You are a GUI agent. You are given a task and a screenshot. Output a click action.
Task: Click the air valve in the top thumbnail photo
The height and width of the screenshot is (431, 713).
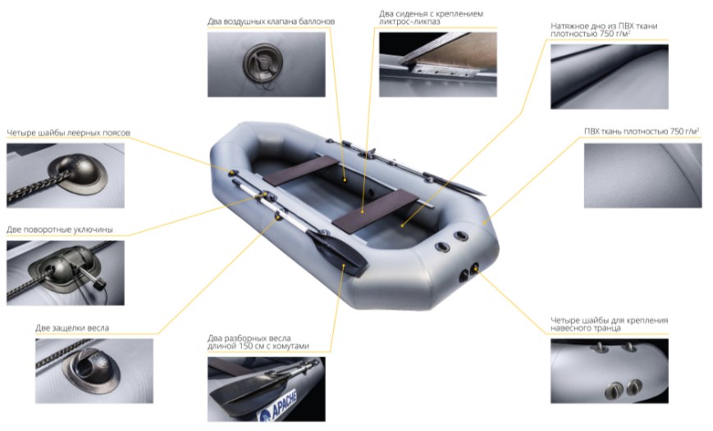pos(263,62)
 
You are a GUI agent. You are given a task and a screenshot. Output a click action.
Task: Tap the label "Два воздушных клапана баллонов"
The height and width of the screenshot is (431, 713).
pos(271,21)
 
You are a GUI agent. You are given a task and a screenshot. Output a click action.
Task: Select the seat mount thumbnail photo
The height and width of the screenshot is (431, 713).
pos(438,65)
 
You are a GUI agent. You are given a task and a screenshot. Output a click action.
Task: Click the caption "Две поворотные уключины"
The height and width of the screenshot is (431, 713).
pos(60,229)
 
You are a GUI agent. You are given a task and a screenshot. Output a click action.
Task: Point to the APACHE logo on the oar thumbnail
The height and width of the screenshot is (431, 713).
pos(279,406)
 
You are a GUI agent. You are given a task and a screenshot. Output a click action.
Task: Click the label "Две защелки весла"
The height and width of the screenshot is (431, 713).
pos(72,328)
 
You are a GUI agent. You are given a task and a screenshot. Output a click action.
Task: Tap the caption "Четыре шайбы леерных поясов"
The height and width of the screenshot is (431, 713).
pos(68,133)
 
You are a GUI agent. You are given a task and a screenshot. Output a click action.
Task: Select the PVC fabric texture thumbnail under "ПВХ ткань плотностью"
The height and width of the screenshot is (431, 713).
pos(642,176)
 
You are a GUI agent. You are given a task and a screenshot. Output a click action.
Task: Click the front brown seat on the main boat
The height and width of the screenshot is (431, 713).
pos(301,170)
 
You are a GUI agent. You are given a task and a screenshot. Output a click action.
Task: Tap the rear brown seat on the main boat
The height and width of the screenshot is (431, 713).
pos(375,211)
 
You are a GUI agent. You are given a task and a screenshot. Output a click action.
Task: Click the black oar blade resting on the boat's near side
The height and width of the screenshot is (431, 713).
pos(336,253)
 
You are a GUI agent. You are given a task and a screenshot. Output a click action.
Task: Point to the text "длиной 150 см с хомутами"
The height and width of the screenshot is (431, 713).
pos(258,346)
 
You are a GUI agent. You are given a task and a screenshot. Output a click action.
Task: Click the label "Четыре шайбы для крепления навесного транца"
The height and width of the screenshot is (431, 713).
pos(610,324)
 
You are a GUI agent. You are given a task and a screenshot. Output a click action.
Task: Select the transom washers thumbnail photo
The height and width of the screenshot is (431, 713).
pos(610,371)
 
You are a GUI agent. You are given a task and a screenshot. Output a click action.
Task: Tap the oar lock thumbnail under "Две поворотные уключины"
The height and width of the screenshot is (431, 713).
pos(66,273)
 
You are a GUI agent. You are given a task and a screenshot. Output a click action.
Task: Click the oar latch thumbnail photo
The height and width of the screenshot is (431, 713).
pos(94,371)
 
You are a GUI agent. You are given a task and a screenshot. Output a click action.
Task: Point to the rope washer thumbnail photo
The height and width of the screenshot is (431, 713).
pos(66,176)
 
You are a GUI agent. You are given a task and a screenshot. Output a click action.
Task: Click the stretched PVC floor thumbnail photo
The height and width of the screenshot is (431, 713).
pos(610,77)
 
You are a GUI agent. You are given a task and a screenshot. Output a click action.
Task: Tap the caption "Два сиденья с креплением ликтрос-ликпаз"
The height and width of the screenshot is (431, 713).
pos(431,17)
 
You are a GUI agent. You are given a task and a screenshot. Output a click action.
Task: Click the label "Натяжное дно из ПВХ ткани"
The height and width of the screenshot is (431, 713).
pos(604,26)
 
